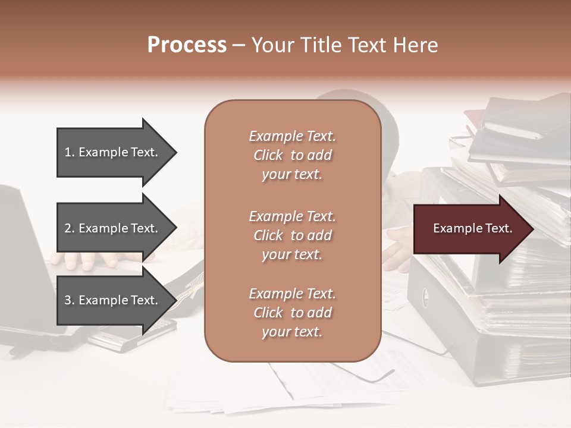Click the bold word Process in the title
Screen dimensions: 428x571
pos(187,45)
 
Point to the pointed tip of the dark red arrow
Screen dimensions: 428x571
pos(532,229)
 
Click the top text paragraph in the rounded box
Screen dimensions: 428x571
pos(292,155)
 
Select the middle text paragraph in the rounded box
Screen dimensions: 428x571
pos(292,235)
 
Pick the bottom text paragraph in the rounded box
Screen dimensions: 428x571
pos(292,313)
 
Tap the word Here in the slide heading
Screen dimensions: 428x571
pos(416,45)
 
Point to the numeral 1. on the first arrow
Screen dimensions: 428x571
pos(70,152)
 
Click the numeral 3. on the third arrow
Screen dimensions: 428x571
pos(70,300)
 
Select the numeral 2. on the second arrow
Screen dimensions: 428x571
pos(70,228)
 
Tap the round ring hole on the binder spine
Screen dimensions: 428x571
pos(425,295)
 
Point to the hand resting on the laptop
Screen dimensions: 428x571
pos(89,259)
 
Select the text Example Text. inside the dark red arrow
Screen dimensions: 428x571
pos(472,228)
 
